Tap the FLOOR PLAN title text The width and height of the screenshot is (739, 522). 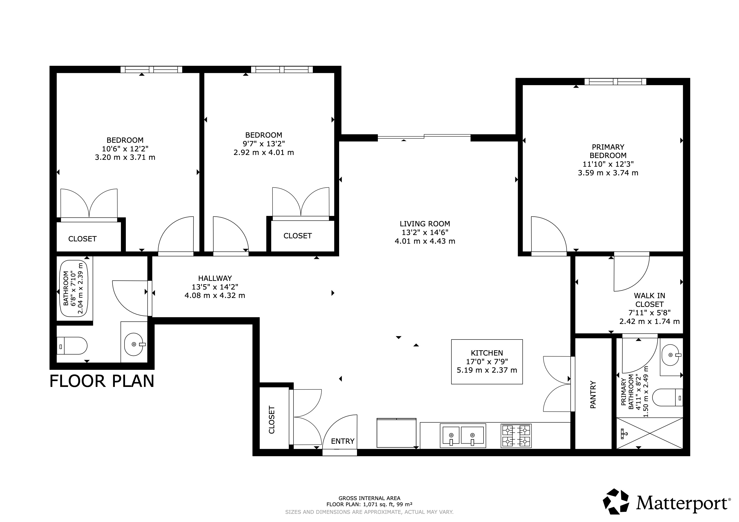click(x=102, y=381)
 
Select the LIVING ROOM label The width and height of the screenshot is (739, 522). click(x=425, y=224)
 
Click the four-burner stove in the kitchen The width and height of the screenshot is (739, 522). click(x=516, y=436)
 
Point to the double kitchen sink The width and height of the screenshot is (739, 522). click(x=463, y=436)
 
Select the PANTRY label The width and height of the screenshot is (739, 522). click(x=593, y=395)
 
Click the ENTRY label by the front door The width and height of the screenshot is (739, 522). click(x=342, y=441)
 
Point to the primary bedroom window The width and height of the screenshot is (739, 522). click(x=615, y=82)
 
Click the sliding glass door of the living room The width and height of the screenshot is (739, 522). click(x=424, y=137)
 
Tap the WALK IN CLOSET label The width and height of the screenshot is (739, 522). click(x=649, y=300)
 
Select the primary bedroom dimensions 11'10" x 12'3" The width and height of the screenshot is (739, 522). click(x=608, y=164)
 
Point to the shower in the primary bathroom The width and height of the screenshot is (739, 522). click(x=649, y=433)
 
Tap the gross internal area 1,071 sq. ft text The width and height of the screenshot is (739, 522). click(x=369, y=504)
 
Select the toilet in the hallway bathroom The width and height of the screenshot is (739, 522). click(x=72, y=346)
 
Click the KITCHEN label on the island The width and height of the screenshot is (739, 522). click(x=487, y=353)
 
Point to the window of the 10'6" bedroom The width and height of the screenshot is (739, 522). click(x=151, y=69)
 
